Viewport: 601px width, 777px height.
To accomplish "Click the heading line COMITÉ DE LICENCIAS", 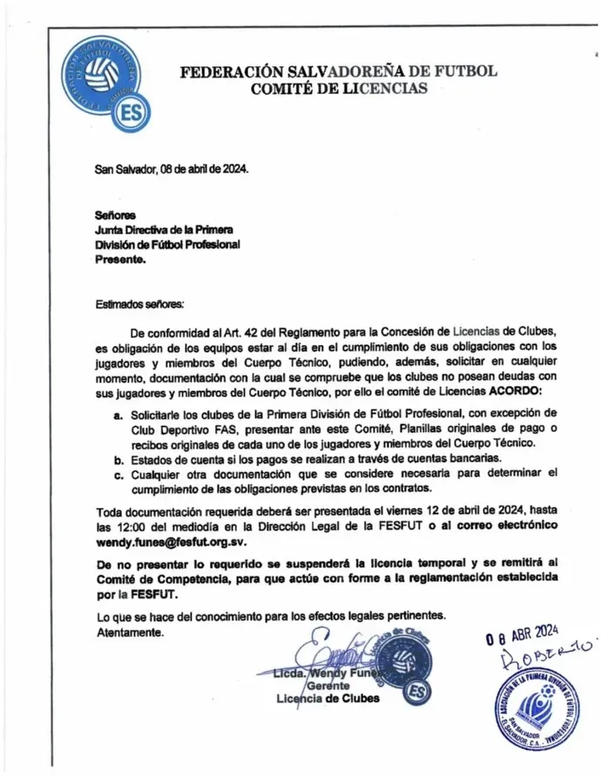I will [x=339, y=89].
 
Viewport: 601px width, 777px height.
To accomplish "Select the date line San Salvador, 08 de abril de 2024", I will [x=172, y=169].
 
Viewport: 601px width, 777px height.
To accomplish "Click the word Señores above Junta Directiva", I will [x=115, y=214].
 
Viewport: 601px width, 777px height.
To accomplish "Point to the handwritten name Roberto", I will [x=550, y=655].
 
